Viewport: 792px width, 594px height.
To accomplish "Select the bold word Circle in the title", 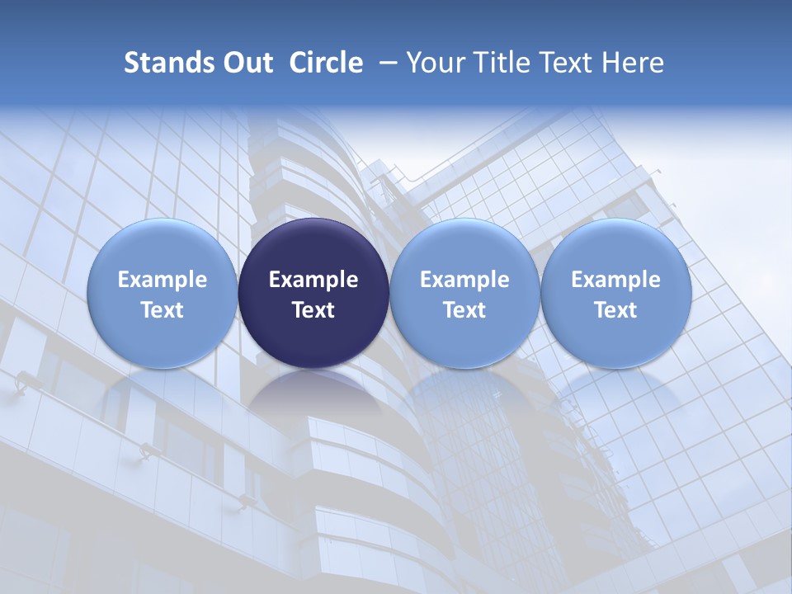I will [326, 63].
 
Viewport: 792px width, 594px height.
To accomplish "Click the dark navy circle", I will [313, 293].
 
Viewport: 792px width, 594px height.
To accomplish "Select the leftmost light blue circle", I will [162, 293].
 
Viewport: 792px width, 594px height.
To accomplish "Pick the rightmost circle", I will [615, 293].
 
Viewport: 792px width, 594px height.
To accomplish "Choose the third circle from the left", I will [464, 293].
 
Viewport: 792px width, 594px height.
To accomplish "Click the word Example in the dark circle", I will [313, 280].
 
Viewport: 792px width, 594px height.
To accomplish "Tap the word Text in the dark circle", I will [313, 310].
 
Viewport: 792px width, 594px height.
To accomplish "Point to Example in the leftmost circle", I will [162, 280].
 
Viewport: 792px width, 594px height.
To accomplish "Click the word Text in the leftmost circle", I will [162, 310].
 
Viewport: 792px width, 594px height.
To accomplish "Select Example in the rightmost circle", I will [615, 280].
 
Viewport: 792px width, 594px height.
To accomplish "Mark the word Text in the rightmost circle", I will [615, 310].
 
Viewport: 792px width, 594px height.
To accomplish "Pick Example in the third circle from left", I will [464, 280].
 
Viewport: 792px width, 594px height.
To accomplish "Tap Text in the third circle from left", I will [464, 310].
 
